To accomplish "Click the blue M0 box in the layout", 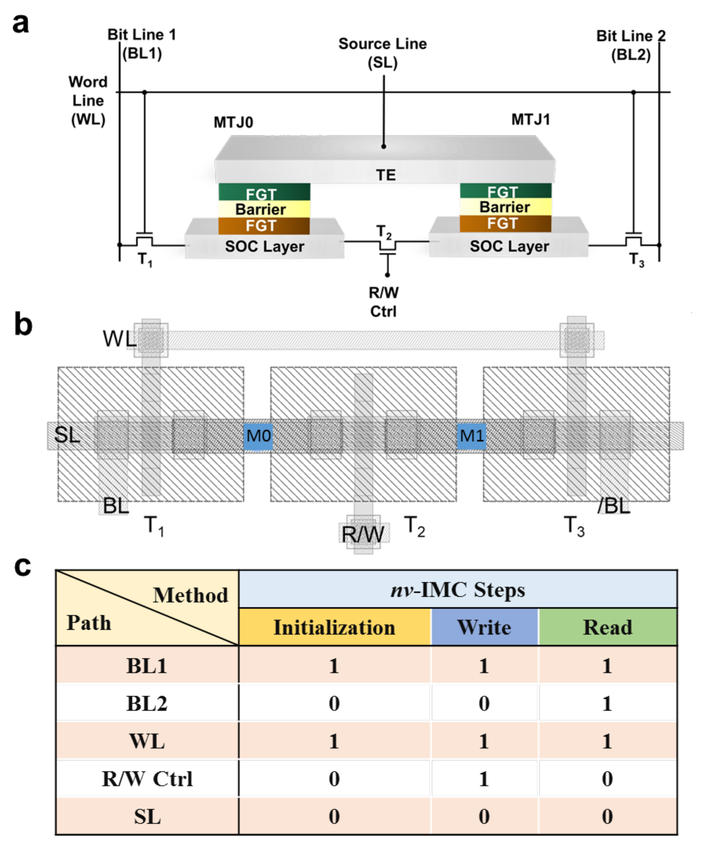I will [258, 436].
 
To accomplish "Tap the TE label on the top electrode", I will [386, 175].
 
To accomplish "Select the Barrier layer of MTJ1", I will [505, 207].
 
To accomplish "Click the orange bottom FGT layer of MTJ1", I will [505, 224].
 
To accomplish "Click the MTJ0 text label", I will [233, 122].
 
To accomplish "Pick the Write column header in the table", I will [484, 627].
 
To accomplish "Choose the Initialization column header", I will [334, 627].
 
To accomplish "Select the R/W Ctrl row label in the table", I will [147, 779].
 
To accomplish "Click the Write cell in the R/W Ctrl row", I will [484, 779].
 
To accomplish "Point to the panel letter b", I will [23, 325].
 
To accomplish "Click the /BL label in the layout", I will [613, 506].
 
